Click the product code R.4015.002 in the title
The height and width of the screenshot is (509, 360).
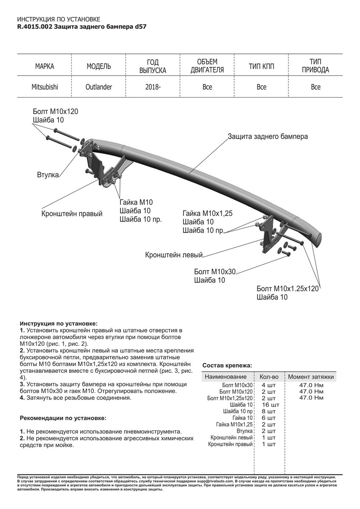[x=35, y=26]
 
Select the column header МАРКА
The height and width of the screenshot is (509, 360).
[x=45, y=67]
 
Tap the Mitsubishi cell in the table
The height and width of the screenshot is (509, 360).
[x=45, y=87]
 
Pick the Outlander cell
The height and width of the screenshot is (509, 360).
[x=99, y=87]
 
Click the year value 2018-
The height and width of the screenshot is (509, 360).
[x=153, y=87]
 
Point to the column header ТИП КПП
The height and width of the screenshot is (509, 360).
[x=261, y=67]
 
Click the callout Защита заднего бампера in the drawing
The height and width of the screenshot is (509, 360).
[x=268, y=137]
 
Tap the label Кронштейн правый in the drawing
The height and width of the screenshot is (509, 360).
[x=72, y=214]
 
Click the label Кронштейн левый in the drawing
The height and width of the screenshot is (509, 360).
[x=174, y=255]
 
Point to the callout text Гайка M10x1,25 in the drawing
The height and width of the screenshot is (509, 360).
[x=208, y=213]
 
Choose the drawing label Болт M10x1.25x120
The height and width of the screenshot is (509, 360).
[x=287, y=289]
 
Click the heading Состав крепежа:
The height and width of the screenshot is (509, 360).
[x=227, y=365]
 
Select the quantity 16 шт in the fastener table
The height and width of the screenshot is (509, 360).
[x=268, y=405]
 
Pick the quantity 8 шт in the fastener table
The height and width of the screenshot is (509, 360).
[x=269, y=411]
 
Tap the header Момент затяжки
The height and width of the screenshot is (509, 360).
[x=311, y=377]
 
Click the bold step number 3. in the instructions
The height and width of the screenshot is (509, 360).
[x=22, y=384]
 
